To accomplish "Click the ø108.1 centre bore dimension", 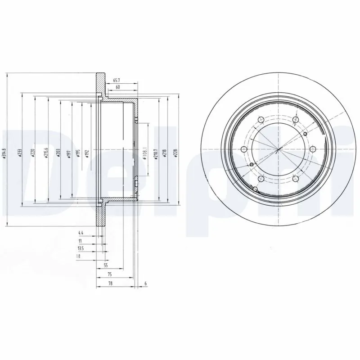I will point(145,153).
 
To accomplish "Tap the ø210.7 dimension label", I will point(155,153).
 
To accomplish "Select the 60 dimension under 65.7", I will point(118,86).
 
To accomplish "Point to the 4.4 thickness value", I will point(81,233).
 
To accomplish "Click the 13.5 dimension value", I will point(81,248).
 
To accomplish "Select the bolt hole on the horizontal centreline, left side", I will point(243,149).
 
